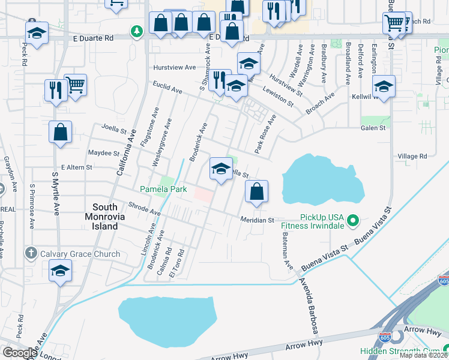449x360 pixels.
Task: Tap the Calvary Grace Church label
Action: pyautogui.click(x=80, y=254)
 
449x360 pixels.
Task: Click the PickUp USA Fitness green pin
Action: pyautogui.click(x=354, y=221)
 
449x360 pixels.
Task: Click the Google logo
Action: pyautogui.click(x=19, y=352)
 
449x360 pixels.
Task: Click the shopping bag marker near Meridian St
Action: pyautogui.click(x=256, y=192)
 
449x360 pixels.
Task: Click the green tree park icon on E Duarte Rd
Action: pyautogui.click(x=137, y=30)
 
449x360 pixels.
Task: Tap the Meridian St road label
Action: pyautogui.click(x=258, y=220)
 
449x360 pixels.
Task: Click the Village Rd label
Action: pyautogui.click(x=412, y=156)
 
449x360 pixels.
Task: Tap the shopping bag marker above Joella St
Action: pyautogui.click(x=61, y=133)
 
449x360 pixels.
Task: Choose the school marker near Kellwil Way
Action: pyautogui.click(x=384, y=88)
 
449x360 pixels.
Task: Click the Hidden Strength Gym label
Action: pyautogui.click(x=403, y=351)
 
